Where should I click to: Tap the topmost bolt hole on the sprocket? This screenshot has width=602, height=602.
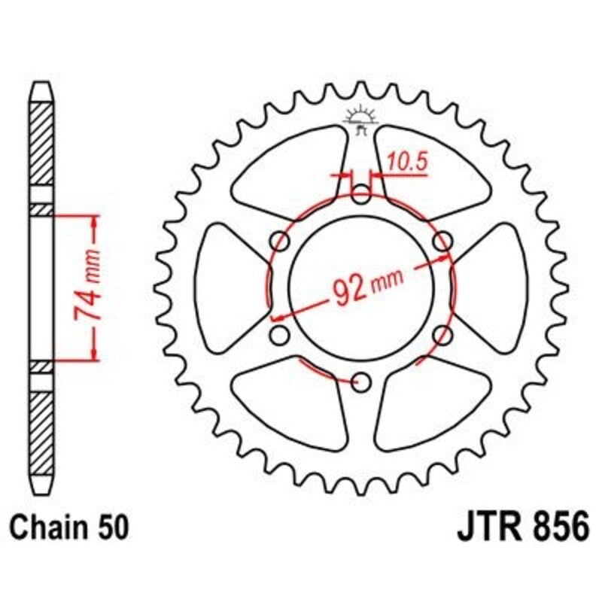tap(362, 197)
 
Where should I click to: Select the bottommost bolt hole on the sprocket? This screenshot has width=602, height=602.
tap(362, 382)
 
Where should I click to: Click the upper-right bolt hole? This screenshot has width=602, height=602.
tap(444, 242)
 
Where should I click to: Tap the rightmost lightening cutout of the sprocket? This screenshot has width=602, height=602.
tap(493, 290)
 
